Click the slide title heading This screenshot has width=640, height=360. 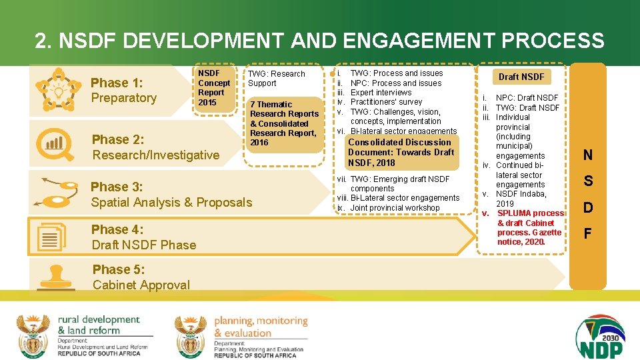(319, 41)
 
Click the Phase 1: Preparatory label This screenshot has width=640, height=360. (123, 90)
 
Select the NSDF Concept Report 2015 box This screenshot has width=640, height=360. (214, 87)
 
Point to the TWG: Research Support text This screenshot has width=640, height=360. (276, 79)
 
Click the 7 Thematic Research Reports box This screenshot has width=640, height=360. (283, 123)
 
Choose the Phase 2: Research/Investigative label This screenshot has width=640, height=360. (155, 147)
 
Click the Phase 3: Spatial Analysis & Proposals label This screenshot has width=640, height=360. (171, 194)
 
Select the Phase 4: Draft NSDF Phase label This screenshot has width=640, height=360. (144, 237)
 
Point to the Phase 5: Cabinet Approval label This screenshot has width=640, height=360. (141, 277)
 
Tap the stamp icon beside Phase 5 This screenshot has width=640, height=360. (55, 280)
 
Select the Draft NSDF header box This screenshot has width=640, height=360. (521, 77)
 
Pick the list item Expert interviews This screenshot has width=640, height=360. (381, 93)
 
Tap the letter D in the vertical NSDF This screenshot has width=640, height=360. (587, 208)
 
